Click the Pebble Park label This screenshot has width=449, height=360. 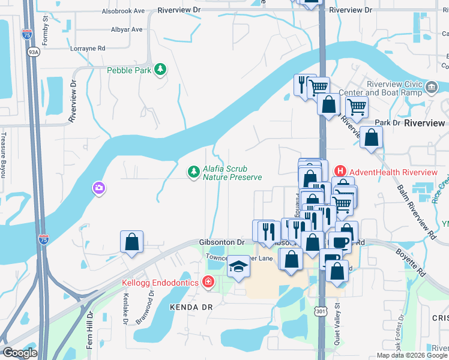(x=128, y=70)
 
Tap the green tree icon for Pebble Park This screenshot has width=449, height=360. (x=160, y=70)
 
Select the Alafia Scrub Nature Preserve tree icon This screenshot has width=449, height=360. (x=193, y=173)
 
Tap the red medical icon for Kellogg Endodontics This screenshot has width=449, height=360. (x=208, y=281)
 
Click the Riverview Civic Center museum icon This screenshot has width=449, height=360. (x=431, y=89)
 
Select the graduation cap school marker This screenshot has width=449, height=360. (x=238, y=266)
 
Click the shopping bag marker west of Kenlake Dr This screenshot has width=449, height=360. (x=132, y=243)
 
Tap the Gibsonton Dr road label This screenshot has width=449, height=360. (x=222, y=242)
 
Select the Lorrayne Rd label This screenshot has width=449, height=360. (x=88, y=49)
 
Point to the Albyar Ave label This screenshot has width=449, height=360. (x=127, y=29)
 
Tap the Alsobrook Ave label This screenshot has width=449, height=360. (x=123, y=11)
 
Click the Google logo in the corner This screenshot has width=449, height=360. (x=20, y=353)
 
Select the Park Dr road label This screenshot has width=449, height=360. (x=387, y=122)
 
